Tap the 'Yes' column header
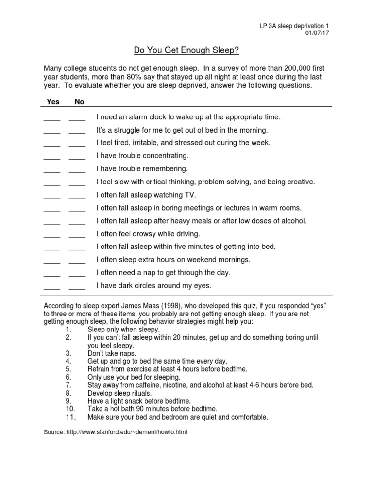tap(52, 101)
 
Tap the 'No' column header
tap(79, 101)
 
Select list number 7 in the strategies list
tap(68, 385)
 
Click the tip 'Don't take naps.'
tap(112, 353)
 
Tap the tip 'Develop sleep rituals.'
tap(119, 393)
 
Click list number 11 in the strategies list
tap(69, 417)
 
